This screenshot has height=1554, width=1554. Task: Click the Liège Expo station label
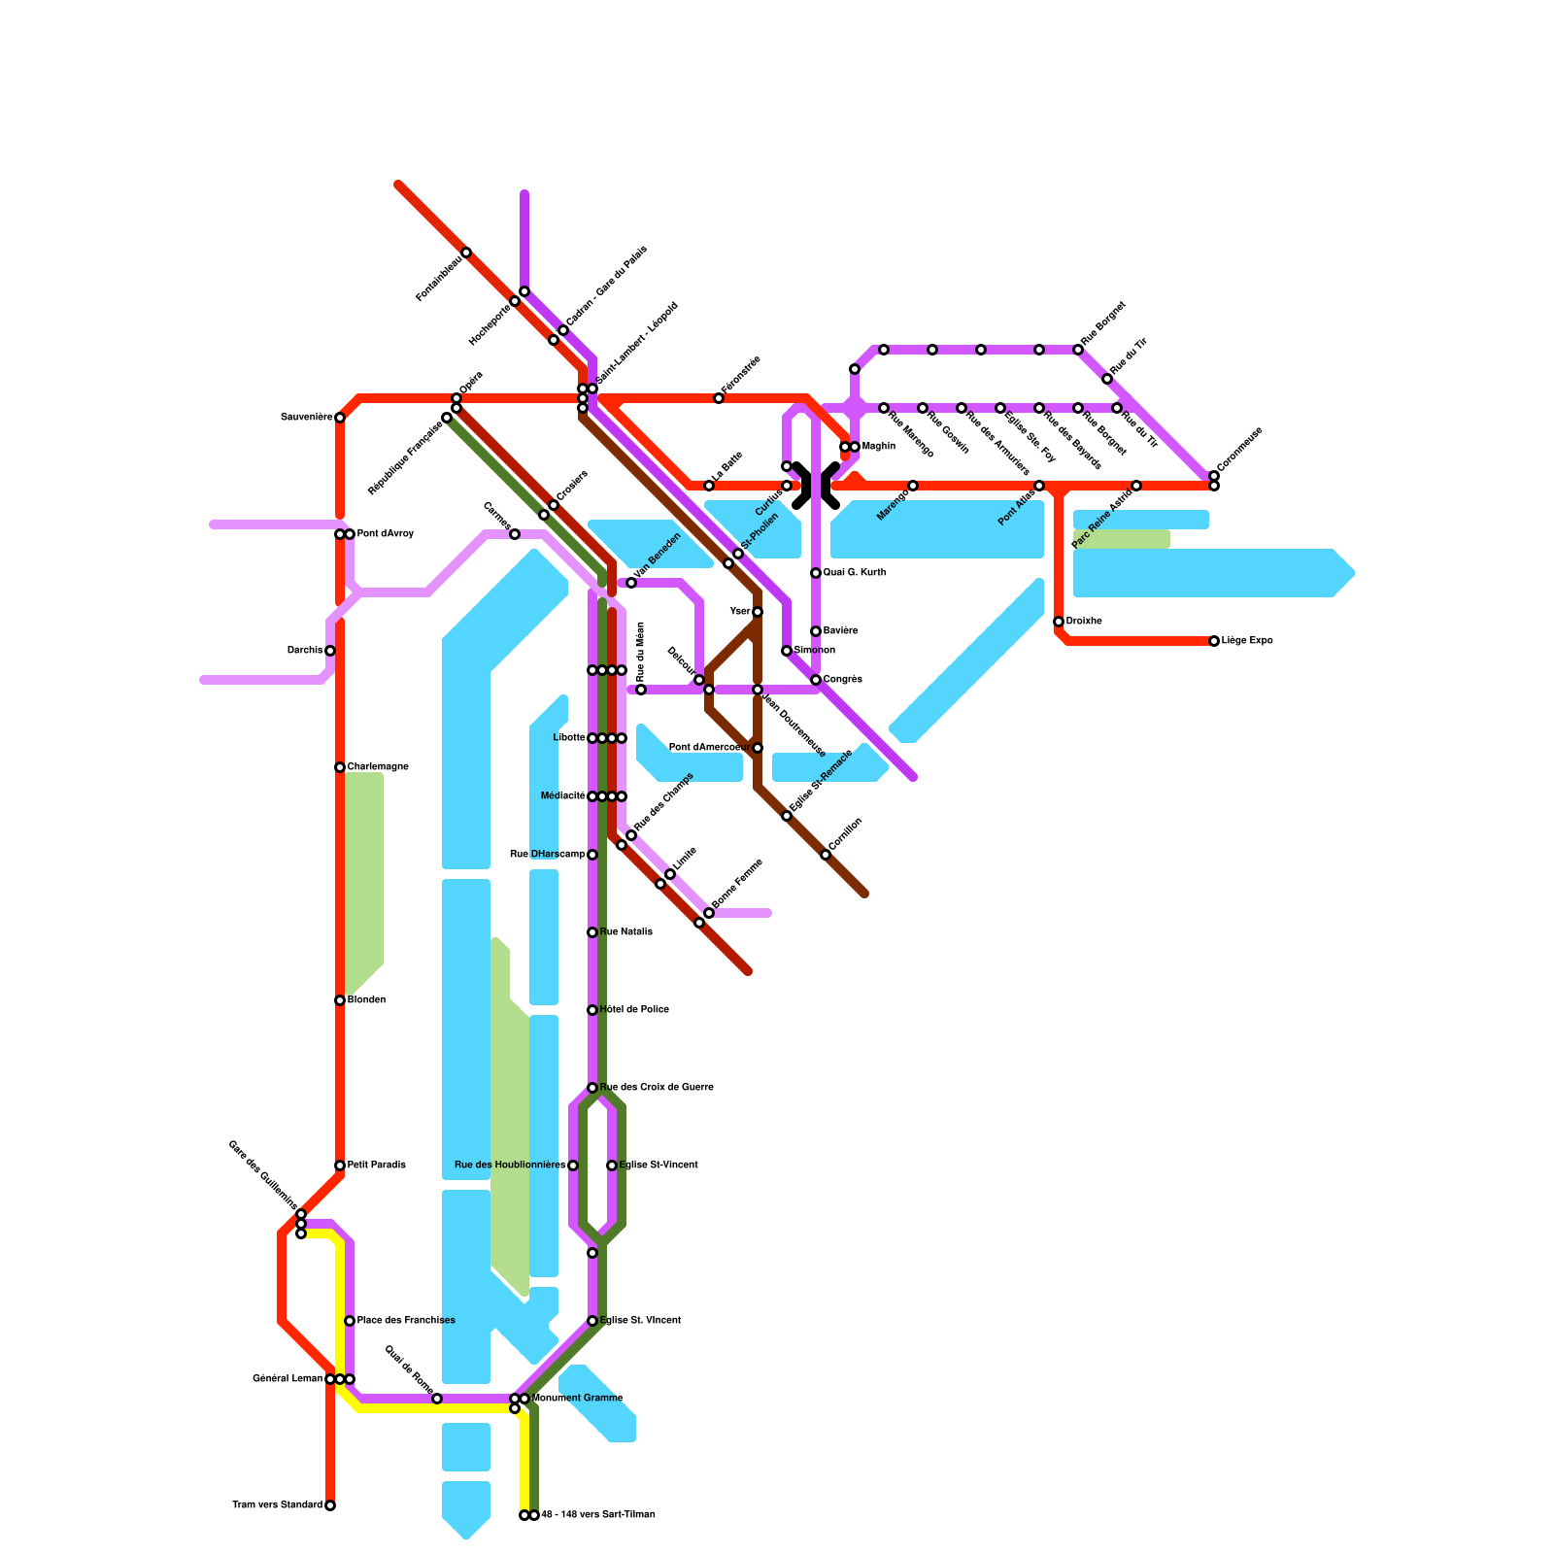1247,641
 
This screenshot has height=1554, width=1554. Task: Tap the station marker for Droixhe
1059,622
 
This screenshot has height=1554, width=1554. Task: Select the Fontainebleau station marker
466,253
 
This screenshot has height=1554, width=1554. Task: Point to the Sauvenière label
307,418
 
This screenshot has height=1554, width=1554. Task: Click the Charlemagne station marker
340,767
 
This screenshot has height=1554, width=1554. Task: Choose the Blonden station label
367,1000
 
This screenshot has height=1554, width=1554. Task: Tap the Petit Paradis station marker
340,1165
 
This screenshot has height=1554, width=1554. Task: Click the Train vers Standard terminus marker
330,1505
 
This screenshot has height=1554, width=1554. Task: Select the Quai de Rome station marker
437,1399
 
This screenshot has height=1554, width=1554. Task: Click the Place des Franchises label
406,1321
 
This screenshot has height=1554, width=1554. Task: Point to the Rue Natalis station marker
592,932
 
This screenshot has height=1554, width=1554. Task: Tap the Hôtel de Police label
634,1010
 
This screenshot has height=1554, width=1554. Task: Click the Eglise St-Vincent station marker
612,1165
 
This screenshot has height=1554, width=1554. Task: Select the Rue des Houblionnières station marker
573,1165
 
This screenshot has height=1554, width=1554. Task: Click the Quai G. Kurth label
855,573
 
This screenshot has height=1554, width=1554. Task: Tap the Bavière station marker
816,631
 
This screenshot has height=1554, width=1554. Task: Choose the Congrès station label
843,680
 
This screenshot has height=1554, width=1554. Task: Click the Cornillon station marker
826,855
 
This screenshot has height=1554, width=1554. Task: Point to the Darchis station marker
330,651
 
